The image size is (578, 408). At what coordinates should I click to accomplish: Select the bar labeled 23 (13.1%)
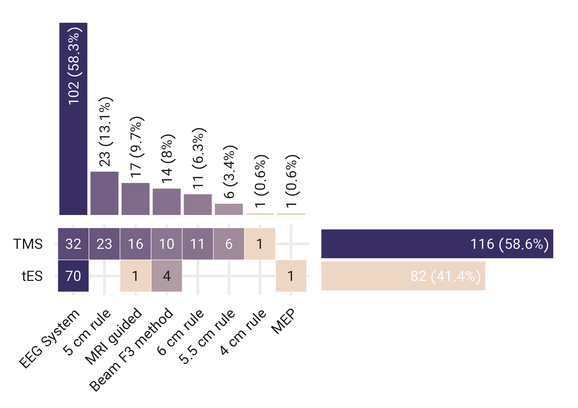coord(104,193)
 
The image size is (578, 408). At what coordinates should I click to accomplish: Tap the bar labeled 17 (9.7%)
coord(135,199)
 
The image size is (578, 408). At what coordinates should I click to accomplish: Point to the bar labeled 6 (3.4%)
coord(229,209)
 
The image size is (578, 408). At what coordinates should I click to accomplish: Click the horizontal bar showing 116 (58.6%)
coord(437,244)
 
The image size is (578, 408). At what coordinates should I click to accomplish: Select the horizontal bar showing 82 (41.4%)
coord(403,276)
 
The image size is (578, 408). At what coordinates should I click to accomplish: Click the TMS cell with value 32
coord(73,244)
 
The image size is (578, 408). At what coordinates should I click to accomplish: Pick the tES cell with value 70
coord(73,276)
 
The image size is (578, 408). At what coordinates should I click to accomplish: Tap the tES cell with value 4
coord(167,276)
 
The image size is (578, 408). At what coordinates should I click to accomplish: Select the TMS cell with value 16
coord(135,244)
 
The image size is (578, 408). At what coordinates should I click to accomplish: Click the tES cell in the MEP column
coord(291,276)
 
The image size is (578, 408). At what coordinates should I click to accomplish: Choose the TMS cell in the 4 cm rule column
coord(260,244)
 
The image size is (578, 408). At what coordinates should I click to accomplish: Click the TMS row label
coord(28,244)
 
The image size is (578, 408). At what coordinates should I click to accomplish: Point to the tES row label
coord(32,276)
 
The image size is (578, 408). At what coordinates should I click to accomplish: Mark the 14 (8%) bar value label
coord(167,158)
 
